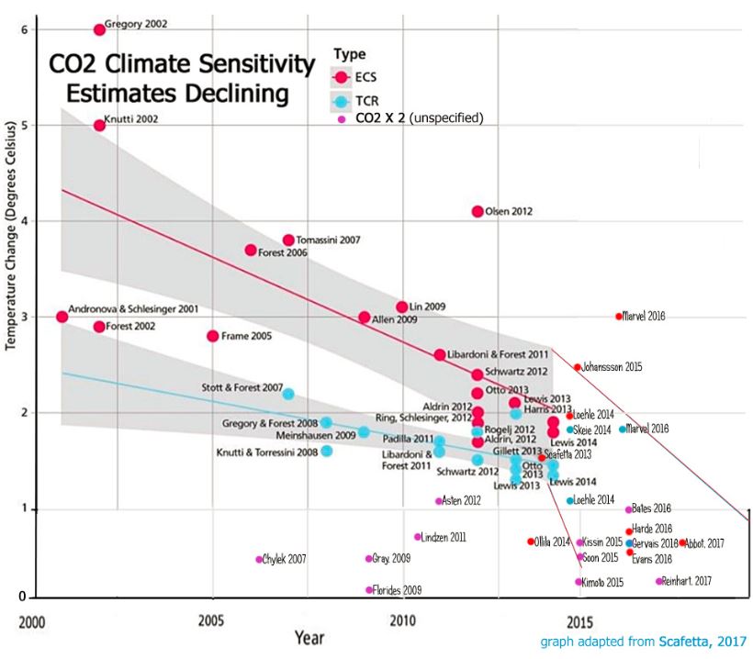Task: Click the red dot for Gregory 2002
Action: click(99, 29)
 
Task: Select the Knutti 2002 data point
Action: click(99, 125)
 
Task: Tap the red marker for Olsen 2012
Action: click(478, 211)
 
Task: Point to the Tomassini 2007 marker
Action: click(288, 240)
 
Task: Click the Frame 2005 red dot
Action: click(213, 336)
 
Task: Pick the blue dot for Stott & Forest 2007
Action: click(288, 394)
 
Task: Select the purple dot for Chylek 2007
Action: click(259, 559)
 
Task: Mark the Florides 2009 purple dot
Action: click(369, 590)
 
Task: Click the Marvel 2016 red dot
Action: click(619, 317)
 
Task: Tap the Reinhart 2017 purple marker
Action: click(659, 581)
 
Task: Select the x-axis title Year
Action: click(308, 636)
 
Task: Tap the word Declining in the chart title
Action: click(232, 93)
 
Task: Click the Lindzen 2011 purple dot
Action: click(418, 537)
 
